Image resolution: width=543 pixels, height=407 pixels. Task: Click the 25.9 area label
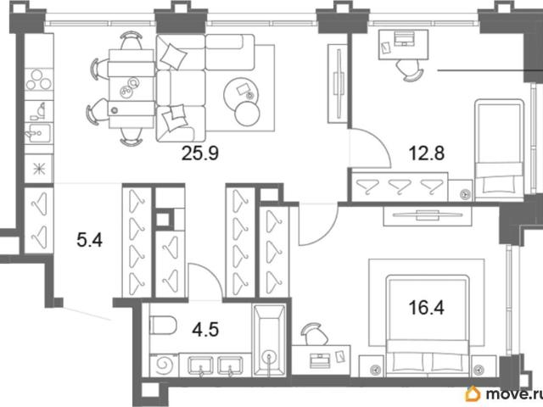click(x=200, y=153)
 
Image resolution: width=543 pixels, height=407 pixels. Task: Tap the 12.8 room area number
click(x=426, y=153)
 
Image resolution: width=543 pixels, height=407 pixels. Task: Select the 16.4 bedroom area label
click(x=426, y=307)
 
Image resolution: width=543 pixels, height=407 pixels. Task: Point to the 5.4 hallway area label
click(x=90, y=240)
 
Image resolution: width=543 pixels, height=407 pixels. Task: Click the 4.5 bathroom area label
click(x=205, y=329)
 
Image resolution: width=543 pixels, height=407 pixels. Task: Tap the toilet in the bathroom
click(x=163, y=326)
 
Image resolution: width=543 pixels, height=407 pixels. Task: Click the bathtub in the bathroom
click(x=270, y=340)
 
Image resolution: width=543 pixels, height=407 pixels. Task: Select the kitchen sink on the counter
click(x=38, y=133)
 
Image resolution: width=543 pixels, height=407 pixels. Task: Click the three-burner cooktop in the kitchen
click(x=39, y=80)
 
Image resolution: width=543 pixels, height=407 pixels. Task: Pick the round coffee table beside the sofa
click(x=241, y=93)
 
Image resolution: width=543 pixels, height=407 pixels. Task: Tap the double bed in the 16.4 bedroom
click(x=427, y=325)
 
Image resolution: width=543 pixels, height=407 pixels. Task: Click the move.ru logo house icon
click(x=473, y=393)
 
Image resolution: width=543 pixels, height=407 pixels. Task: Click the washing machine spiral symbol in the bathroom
click(x=163, y=365)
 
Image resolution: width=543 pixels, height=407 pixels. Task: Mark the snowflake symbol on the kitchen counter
click(x=39, y=169)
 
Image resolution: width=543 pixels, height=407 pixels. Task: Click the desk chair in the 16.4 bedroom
click(x=315, y=334)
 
